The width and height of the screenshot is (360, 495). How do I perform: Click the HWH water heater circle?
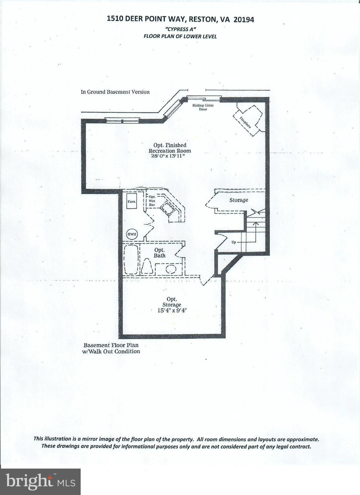coord(132,234)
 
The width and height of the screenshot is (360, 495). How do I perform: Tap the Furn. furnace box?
coord(132,201)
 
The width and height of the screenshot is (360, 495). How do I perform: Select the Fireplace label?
coord(245,122)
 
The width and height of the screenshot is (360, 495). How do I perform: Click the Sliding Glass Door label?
coord(203,107)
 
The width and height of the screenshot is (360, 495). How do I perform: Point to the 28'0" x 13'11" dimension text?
coord(170,156)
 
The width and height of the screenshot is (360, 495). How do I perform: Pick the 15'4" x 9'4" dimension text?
coord(172,310)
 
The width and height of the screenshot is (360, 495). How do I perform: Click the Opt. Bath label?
coord(159,253)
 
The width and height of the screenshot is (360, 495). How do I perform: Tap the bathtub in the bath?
coord(131,260)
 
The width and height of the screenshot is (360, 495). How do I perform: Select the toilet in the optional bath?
coord(147,267)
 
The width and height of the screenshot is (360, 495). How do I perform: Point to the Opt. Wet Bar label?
coord(152,201)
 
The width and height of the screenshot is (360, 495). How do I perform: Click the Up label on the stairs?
coord(234,242)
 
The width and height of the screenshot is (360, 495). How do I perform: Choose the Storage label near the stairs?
coord(239,200)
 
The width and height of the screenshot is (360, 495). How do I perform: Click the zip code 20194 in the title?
coord(244,20)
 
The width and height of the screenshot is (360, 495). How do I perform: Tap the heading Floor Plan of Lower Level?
coord(180,36)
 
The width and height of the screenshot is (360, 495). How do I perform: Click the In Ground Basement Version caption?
coord(115,92)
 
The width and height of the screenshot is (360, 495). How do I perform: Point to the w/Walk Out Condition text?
coord(111,352)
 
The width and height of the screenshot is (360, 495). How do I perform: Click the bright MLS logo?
coord(40,481)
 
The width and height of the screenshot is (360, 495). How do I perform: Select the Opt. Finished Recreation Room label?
coord(170,148)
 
